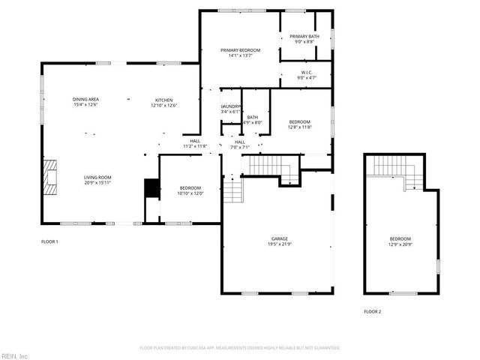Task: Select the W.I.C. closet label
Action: pos(307,75)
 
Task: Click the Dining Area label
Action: pos(85,102)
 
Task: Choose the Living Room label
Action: pos(97,180)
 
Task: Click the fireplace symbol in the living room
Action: pos(49,177)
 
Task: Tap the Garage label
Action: pos(259,241)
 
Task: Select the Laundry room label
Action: pos(231,109)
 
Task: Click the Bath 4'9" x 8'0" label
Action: pos(253,119)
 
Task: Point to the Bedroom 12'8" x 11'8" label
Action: pos(300,124)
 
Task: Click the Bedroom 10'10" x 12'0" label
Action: pos(190,190)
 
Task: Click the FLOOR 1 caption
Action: pos(49,241)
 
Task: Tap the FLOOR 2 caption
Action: pos(372,311)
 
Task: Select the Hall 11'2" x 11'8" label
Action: pos(195,143)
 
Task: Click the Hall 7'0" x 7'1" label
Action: pos(240,144)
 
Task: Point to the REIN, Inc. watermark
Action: pos(15,355)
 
